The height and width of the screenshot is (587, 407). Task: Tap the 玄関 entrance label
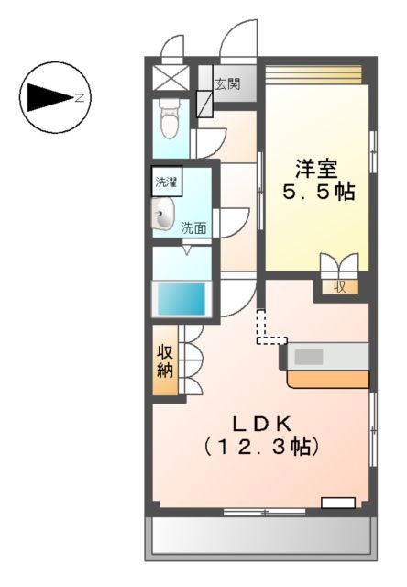tap(227, 85)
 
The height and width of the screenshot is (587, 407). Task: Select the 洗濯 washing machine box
tap(166, 181)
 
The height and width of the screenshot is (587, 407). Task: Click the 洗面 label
tap(192, 227)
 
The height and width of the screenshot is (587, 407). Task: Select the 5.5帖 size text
tap(316, 194)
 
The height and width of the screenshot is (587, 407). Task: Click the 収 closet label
tap(340, 286)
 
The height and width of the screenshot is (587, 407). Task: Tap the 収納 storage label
tap(165, 361)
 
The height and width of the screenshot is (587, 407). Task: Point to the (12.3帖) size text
tap(260, 448)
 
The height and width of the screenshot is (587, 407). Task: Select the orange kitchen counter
tap(327, 378)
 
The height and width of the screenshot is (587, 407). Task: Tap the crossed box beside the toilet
tap(168, 77)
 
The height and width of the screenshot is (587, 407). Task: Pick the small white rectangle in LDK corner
tap(337, 502)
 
